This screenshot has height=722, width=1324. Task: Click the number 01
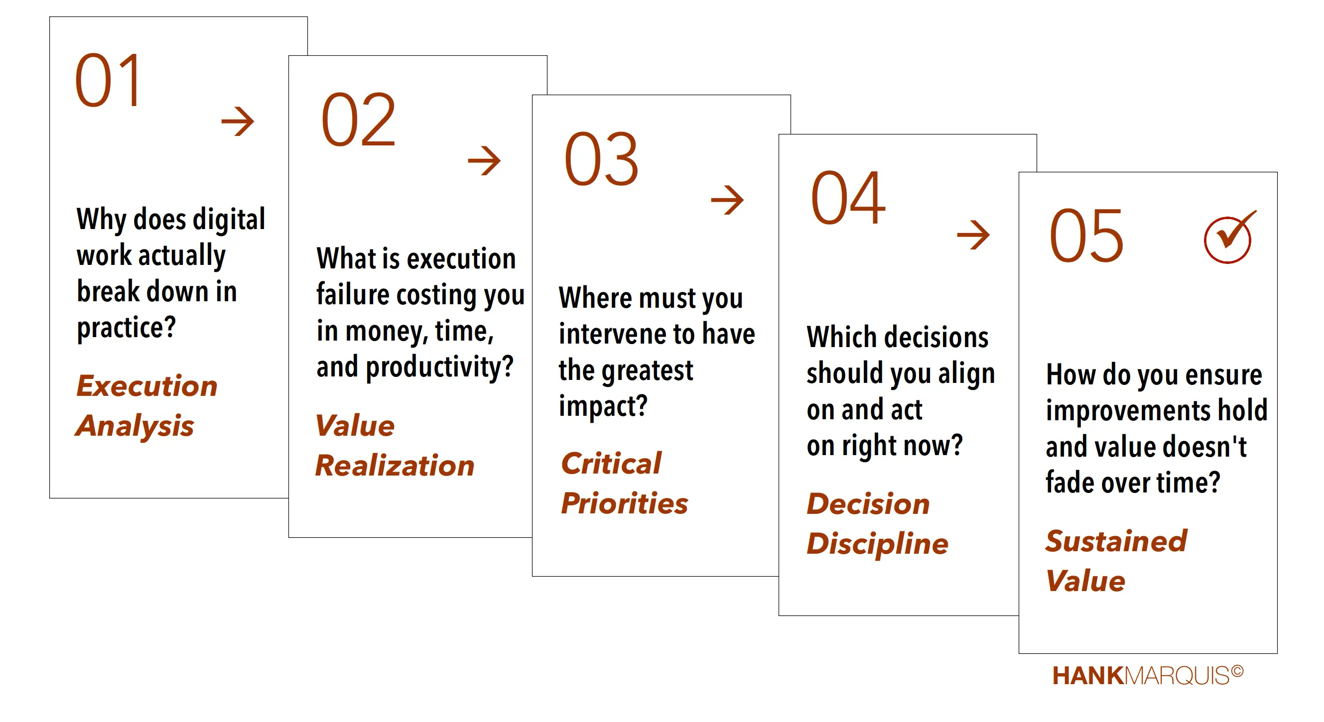pyautogui.click(x=108, y=80)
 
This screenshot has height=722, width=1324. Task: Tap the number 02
pyautogui.click(x=358, y=120)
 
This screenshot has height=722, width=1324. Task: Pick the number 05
pyautogui.click(x=1086, y=236)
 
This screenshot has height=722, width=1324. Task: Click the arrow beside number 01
pyautogui.click(x=238, y=121)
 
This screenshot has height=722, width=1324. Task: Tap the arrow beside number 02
pyautogui.click(x=484, y=160)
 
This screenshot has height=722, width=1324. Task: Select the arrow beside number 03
pyautogui.click(x=727, y=200)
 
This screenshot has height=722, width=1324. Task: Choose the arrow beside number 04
pyautogui.click(x=973, y=235)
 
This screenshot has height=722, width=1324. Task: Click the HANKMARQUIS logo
pyautogui.click(x=1148, y=675)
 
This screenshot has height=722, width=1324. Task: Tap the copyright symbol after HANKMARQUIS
pyautogui.click(x=1237, y=671)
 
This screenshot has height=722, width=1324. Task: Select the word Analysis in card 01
pyautogui.click(x=134, y=427)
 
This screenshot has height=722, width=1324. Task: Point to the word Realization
pyautogui.click(x=395, y=466)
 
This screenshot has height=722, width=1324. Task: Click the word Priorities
pyautogui.click(x=625, y=503)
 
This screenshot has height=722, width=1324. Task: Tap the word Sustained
pyautogui.click(x=1116, y=541)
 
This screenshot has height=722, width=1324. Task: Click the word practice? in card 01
pyautogui.click(x=127, y=328)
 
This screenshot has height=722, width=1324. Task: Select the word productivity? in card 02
pyautogui.click(x=439, y=367)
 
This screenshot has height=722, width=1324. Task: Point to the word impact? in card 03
pyautogui.click(x=603, y=406)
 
